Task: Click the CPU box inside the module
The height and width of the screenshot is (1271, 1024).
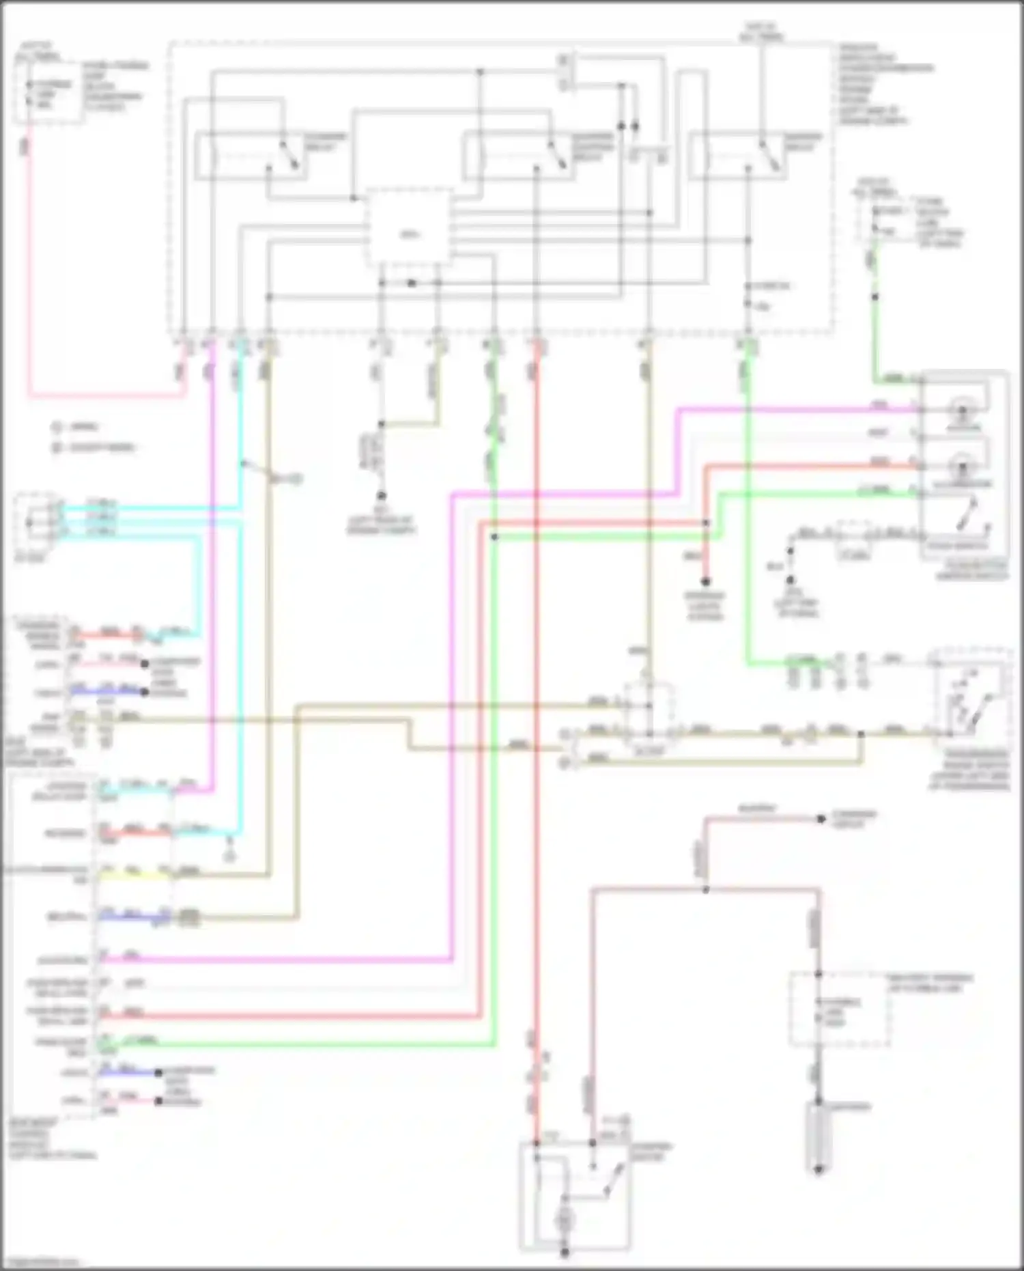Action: click(409, 229)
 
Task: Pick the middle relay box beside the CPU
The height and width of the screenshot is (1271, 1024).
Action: click(518, 156)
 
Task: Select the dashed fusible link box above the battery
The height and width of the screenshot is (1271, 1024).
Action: click(840, 1009)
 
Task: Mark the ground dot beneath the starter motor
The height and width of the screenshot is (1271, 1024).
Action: click(565, 1253)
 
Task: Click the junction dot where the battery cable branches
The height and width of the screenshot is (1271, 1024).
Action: click(706, 889)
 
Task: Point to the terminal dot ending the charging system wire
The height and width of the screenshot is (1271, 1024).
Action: click(821, 818)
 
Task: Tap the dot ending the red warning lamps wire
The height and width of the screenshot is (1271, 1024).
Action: click(706, 582)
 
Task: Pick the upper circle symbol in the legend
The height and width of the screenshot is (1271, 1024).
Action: click(57, 427)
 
